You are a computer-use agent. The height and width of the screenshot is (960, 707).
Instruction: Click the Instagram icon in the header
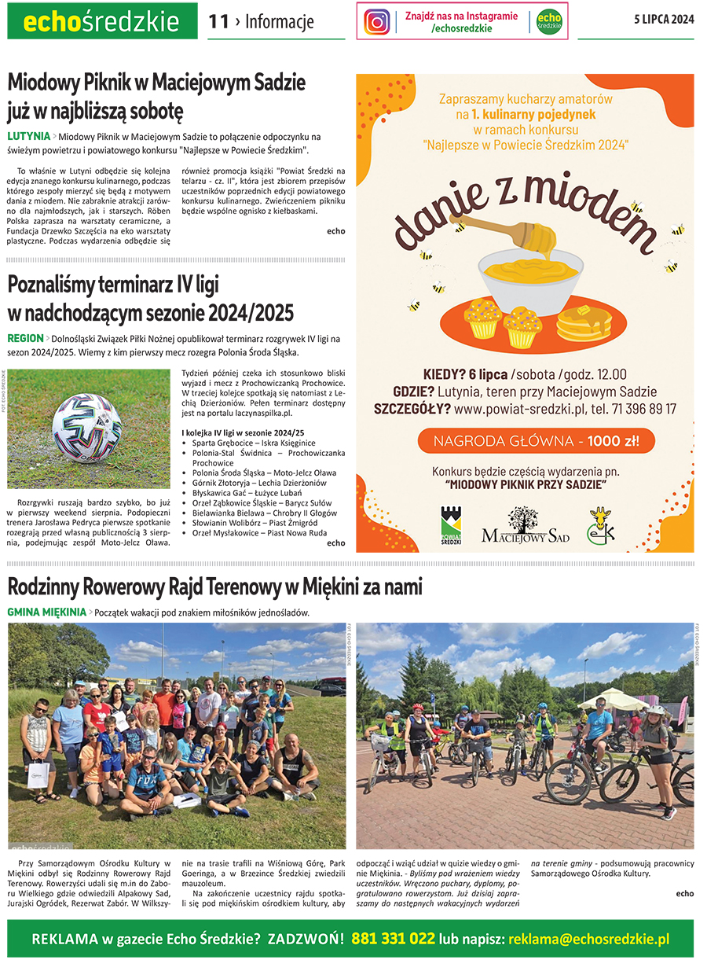click(x=377, y=21)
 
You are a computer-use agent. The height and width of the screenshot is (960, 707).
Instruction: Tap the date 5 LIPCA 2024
click(x=664, y=20)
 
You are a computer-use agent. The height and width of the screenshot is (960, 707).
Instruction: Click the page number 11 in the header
click(x=218, y=21)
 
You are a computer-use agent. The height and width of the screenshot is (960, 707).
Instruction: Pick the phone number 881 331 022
click(x=393, y=939)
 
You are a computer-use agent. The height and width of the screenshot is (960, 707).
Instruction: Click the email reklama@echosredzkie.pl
click(x=588, y=939)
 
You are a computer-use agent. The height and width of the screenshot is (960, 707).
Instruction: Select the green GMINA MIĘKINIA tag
click(x=46, y=612)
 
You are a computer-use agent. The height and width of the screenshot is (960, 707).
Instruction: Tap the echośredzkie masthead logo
click(x=101, y=22)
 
